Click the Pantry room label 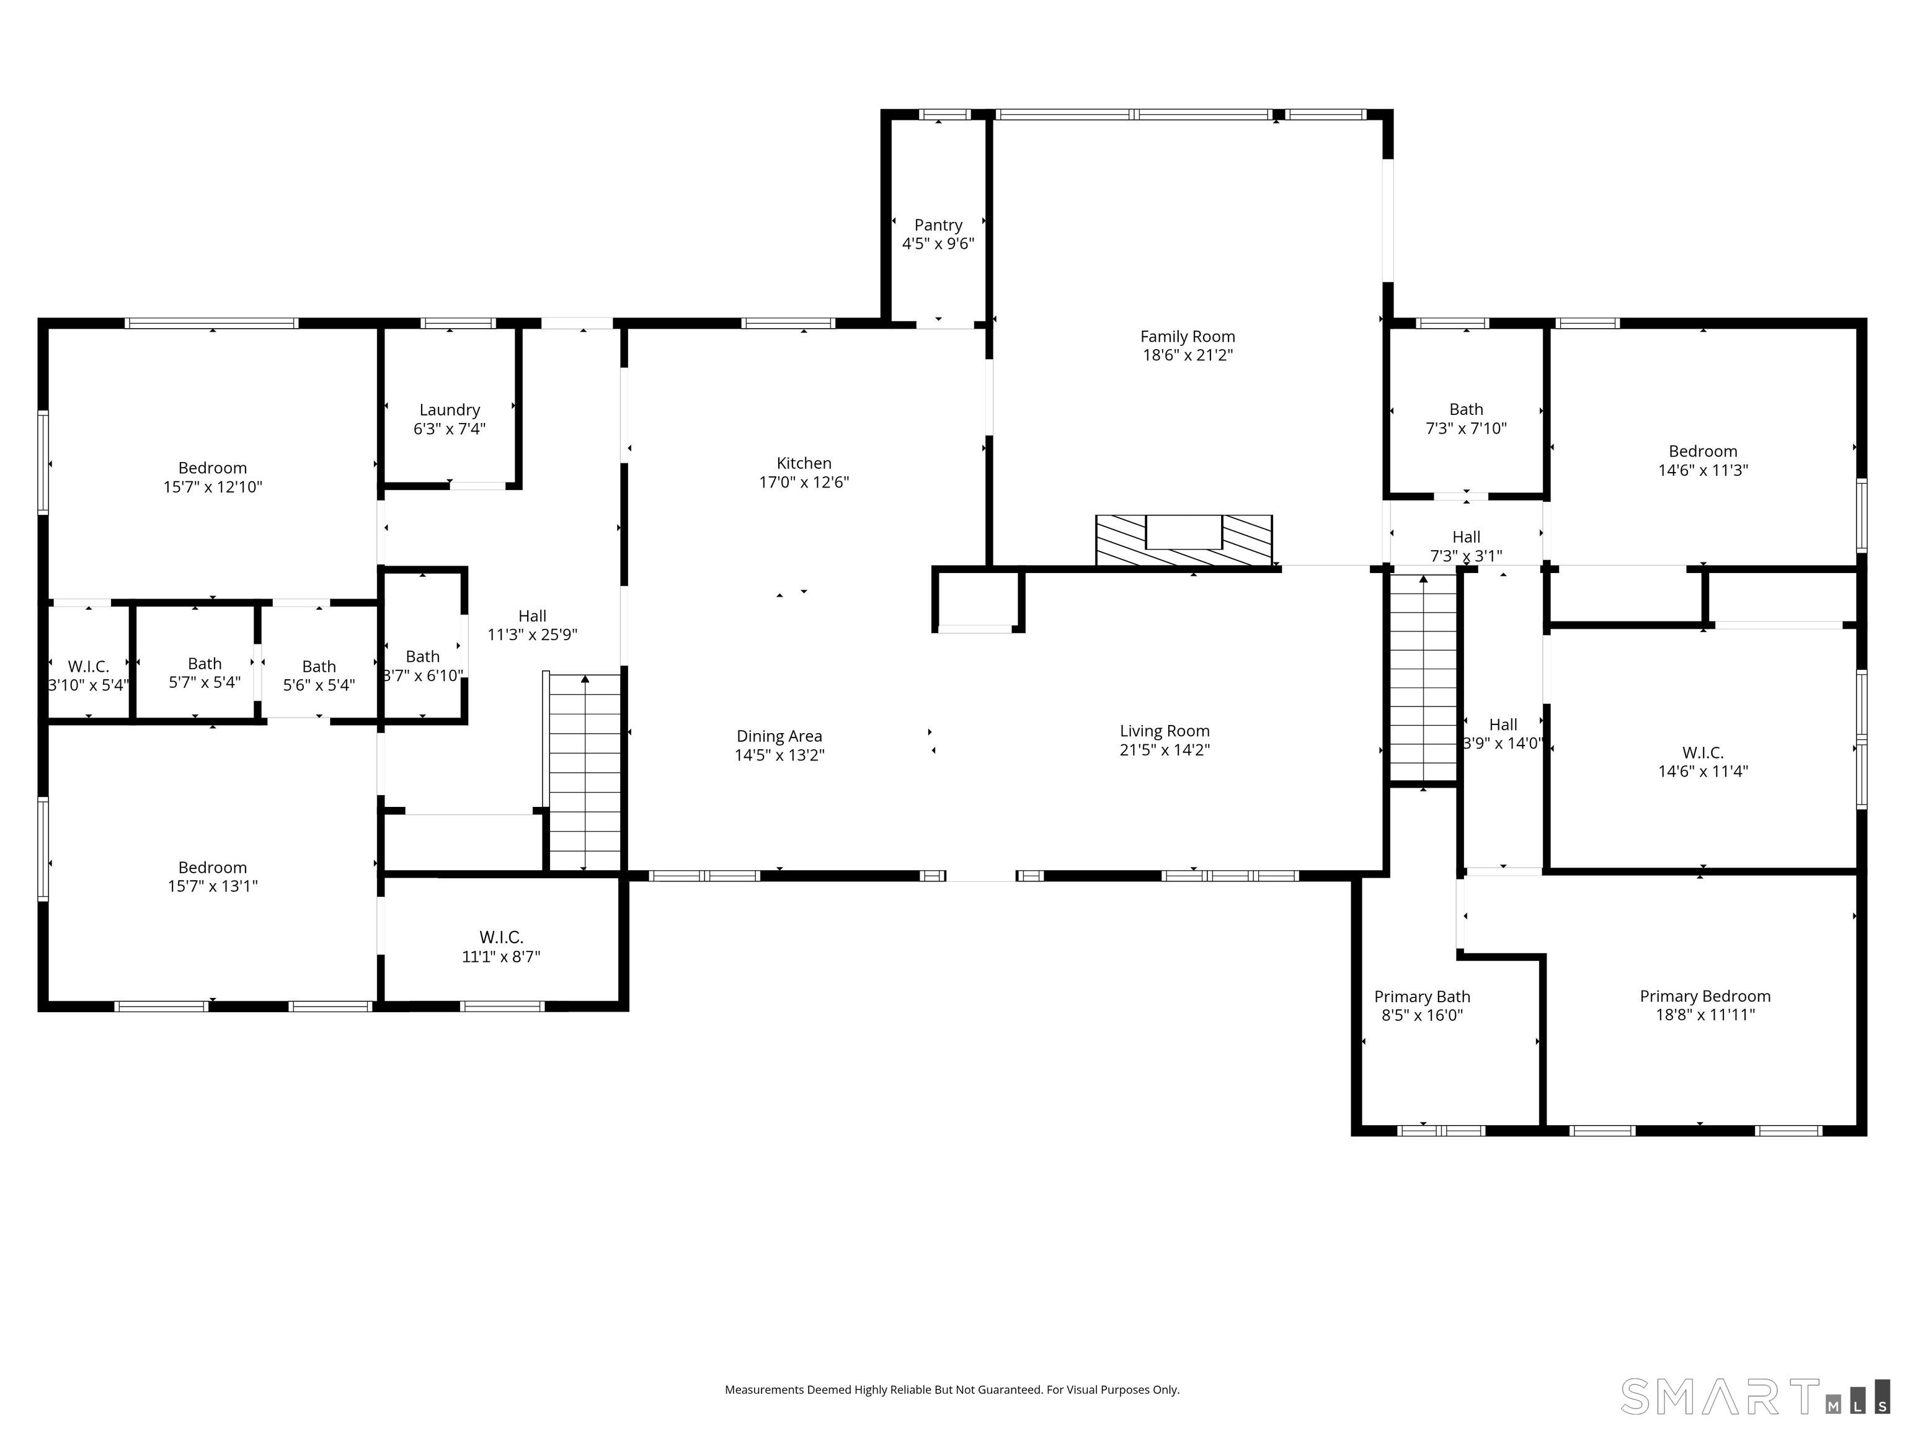(x=938, y=225)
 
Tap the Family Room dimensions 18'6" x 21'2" (x=1188, y=355)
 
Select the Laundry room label (x=450, y=410)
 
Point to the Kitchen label (x=804, y=463)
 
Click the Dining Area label (x=779, y=736)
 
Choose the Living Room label (x=1165, y=731)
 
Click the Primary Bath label (x=1422, y=997)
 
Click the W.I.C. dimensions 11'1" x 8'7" (x=501, y=956)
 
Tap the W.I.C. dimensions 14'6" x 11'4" (x=1703, y=771)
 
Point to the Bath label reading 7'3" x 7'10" (x=1466, y=410)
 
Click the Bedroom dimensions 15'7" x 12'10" (x=213, y=487)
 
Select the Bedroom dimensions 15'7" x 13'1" (x=213, y=886)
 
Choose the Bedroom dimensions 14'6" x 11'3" (x=1703, y=470)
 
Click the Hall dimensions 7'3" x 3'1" (x=1466, y=556)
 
